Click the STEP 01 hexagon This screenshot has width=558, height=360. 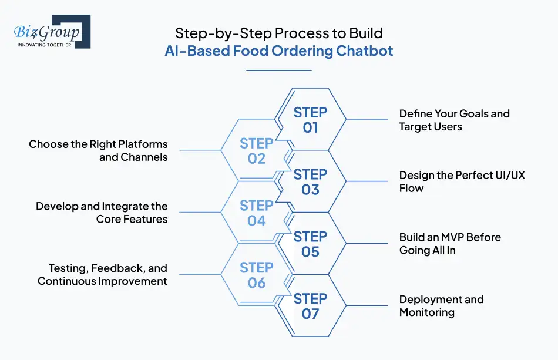tap(310, 119)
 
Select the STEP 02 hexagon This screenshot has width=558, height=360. tap(257, 151)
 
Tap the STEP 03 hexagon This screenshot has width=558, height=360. tap(310, 181)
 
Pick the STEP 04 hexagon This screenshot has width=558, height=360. tap(257, 213)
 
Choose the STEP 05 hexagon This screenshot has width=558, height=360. tap(310, 244)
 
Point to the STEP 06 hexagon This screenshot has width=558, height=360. tap(257, 275)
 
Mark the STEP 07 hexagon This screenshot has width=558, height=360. tap(310, 306)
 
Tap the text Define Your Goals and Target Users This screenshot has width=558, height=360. tap(454, 120)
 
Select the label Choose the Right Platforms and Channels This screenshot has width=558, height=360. tap(99, 150)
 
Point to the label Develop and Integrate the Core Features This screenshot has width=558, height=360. tap(102, 213)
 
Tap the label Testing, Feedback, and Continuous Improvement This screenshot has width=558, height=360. tap(103, 274)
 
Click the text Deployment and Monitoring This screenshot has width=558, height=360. tap(441, 305)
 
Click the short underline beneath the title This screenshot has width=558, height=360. tap(278, 70)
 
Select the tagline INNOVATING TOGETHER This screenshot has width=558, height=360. tap(43, 45)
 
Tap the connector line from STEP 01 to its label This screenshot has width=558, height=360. tap(370, 119)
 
